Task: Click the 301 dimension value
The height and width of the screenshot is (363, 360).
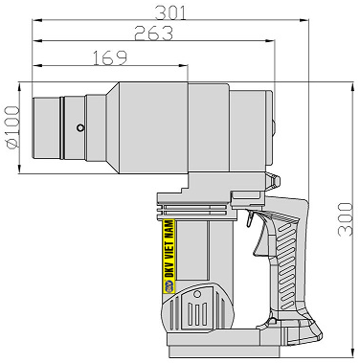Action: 170,12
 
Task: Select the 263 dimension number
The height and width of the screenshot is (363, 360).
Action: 154,34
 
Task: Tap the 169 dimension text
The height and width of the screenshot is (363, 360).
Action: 110,57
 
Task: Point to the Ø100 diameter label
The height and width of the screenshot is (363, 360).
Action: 12,127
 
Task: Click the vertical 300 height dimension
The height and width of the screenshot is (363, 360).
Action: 346,219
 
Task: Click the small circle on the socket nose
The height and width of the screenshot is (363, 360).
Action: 80,127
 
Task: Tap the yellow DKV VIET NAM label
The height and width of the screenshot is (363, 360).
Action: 169,256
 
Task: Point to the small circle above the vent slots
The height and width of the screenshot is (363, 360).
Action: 197,294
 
